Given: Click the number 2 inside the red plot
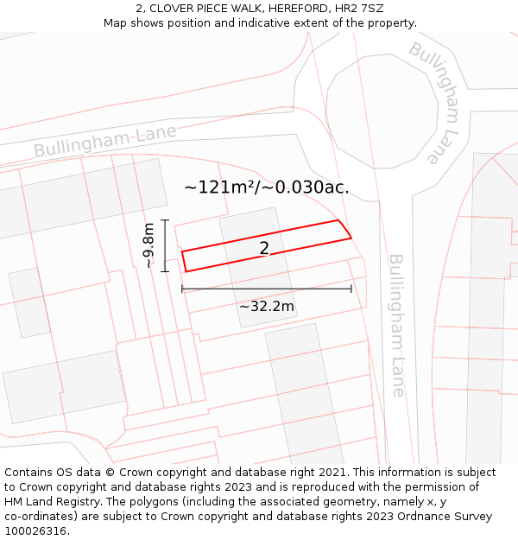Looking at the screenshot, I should [x=264, y=249].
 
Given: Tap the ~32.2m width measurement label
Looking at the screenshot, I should [x=267, y=306].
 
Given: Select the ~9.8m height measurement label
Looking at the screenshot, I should [x=148, y=245].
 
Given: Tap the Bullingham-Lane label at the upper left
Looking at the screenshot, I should [x=105, y=142].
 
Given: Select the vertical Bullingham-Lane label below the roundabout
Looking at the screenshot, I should [x=396, y=325].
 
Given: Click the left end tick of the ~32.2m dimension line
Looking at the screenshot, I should [x=182, y=289].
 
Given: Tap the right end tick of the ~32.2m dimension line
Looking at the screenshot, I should [x=351, y=289].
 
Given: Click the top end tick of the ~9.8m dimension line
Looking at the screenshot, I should [x=165, y=220].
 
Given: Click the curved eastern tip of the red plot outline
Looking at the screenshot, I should [x=347, y=230].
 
